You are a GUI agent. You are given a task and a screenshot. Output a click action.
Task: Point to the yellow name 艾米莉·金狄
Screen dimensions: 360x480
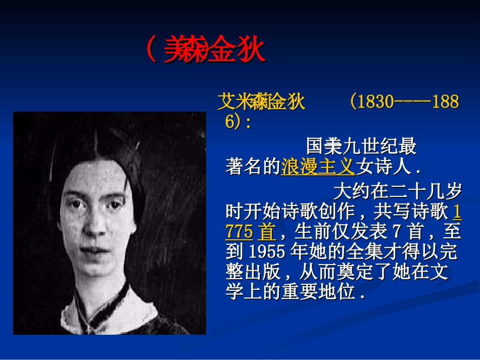tap(261, 102)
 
